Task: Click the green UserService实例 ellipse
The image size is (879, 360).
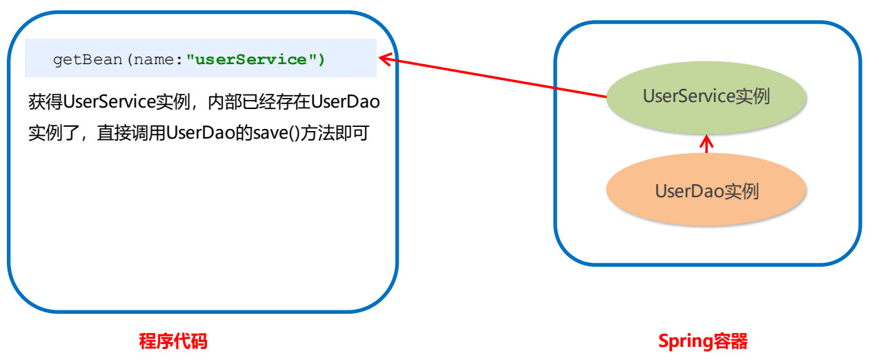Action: click(x=706, y=97)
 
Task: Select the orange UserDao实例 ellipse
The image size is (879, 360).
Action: click(x=706, y=190)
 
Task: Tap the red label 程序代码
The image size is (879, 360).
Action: click(x=173, y=341)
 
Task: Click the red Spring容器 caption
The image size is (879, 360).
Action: click(x=703, y=341)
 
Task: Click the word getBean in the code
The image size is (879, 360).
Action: click(x=88, y=60)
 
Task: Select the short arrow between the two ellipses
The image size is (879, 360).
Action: click(x=707, y=144)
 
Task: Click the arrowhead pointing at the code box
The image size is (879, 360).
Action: click(x=384, y=59)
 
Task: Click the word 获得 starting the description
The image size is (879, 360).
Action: click(x=46, y=102)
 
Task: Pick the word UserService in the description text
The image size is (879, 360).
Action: click(x=110, y=102)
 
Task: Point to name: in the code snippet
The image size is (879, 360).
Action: click(x=158, y=60)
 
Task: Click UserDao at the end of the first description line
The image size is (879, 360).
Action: click(x=345, y=102)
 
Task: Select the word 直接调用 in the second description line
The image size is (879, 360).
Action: click(x=132, y=133)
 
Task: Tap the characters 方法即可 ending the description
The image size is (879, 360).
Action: click(x=335, y=133)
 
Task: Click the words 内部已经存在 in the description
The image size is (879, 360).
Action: click(x=259, y=102)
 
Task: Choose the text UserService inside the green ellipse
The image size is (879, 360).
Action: click(x=689, y=96)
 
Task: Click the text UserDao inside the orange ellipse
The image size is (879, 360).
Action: click(x=689, y=191)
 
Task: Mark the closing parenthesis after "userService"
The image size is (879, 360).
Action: click(x=321, y=59)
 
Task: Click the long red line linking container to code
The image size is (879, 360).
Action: click(x=493, y=78)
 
